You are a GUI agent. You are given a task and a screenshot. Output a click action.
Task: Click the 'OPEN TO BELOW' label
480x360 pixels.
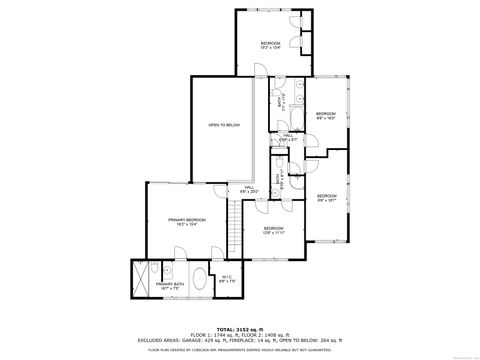point(224,125)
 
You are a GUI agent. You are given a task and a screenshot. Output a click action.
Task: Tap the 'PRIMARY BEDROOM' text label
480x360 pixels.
point(187,221)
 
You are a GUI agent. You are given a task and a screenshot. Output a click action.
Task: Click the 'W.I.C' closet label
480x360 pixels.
point(227,279)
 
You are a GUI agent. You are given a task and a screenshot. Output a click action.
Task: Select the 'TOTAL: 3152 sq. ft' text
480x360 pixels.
point(239,327)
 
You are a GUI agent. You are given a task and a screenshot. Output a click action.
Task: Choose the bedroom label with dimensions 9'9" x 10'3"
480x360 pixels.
point(326,116)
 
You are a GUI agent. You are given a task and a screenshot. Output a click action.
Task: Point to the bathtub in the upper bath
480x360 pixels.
point(293,100)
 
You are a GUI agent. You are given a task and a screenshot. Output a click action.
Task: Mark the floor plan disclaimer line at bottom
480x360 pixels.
point(240,350)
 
